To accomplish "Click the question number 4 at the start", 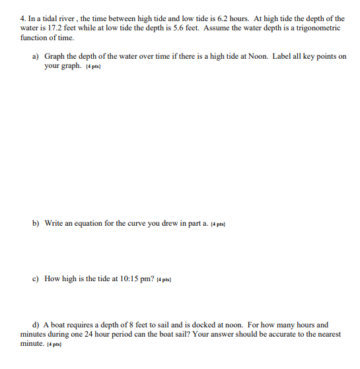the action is pos(22,18).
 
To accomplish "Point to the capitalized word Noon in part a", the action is pos(258,57).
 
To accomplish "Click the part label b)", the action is pos(36,223).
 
